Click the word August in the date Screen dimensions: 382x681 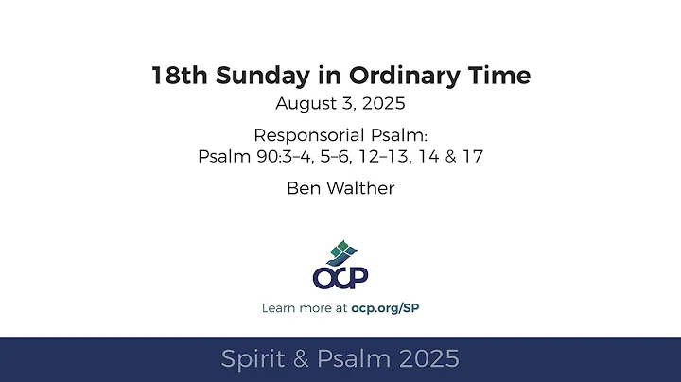click(303, 103)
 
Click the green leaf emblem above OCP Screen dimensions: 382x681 click(340, 252)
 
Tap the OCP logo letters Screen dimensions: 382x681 click(340, 277)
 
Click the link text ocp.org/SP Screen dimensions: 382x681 click(392, 308)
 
